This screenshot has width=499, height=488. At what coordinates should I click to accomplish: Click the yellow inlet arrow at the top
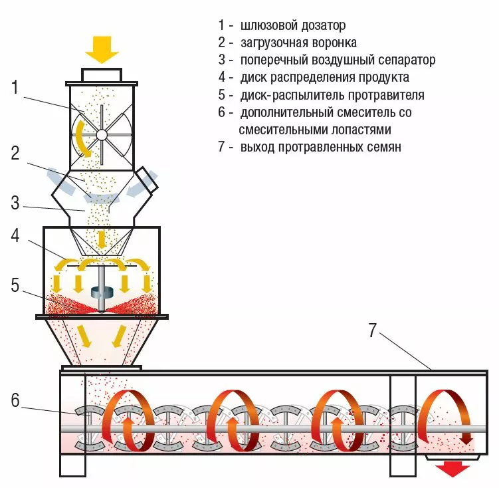(102, 49)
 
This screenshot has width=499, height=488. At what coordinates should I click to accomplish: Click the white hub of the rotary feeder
(102, 134)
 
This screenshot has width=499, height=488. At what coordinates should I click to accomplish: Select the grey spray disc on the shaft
(101, 291)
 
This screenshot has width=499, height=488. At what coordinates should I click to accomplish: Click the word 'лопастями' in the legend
(360, 130)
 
